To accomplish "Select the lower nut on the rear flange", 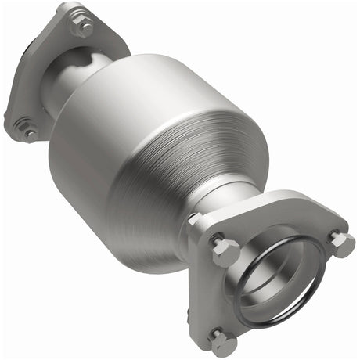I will click(26, 128).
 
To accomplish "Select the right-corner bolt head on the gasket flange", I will click(340, 243).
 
